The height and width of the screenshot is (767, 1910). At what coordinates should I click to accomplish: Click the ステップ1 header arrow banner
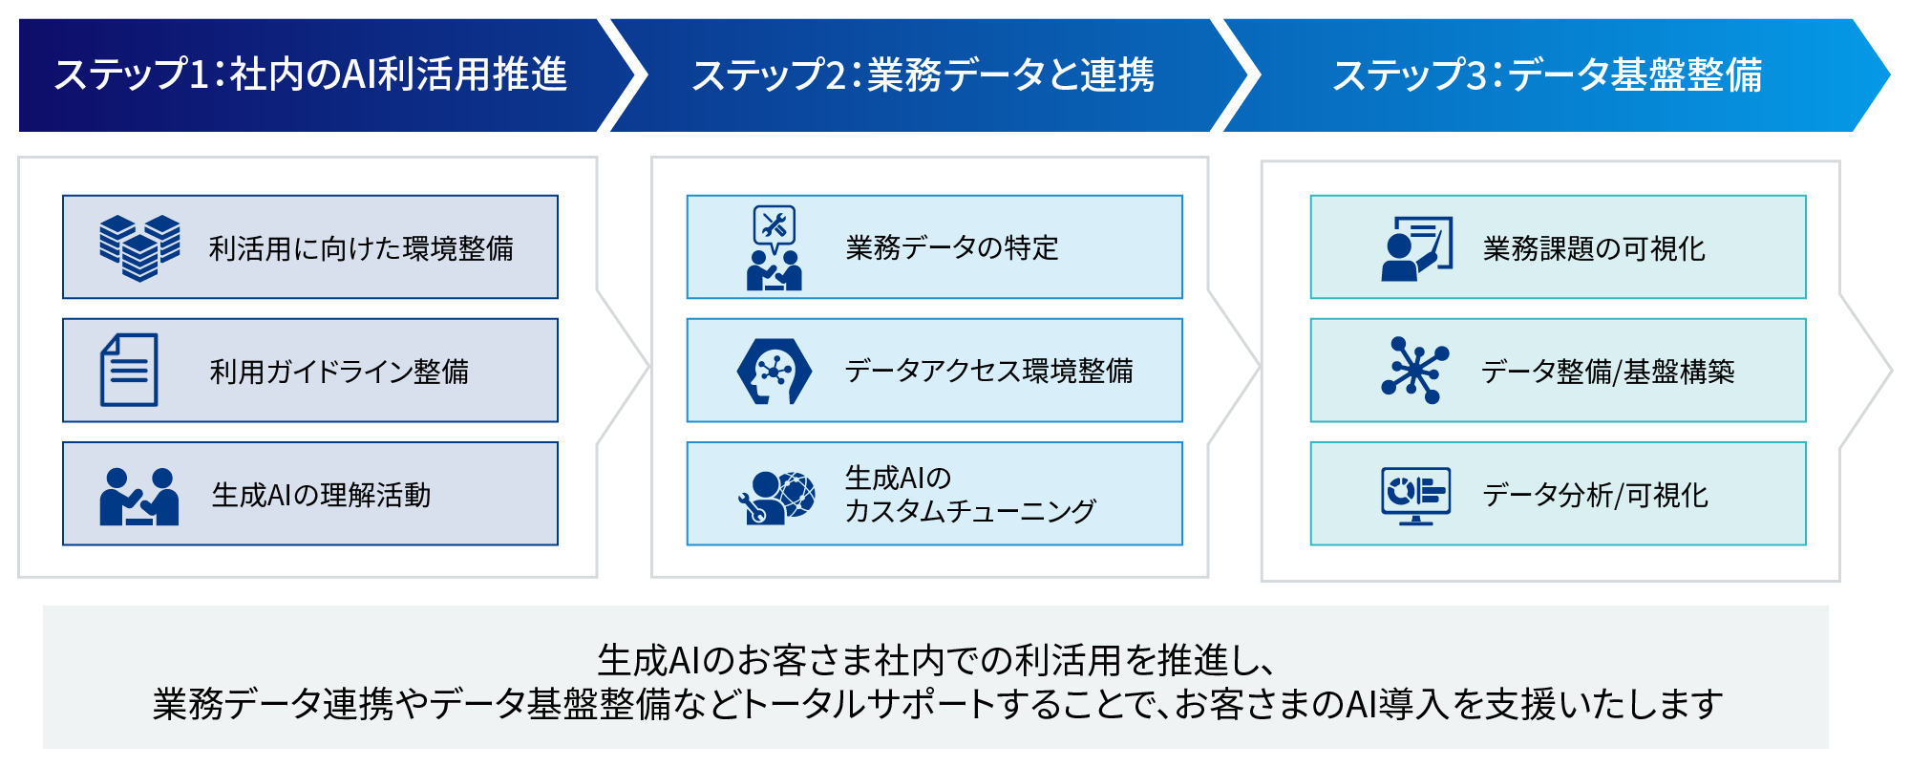pyautogui.click(x=310, y=75)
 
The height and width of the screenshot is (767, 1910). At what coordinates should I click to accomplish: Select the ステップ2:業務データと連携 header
pyautogui.click(x=923, y=75)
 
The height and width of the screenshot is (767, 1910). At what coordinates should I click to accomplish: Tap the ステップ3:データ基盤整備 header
pyautogui.click(x=1547, y=75)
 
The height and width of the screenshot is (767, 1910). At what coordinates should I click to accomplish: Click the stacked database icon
pyautogui.click(x=139, y=247)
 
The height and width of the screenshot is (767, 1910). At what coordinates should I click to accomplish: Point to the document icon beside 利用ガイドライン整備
pyautogui.click(x=129, y=371)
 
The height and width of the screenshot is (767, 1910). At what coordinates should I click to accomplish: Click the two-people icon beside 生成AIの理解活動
pyautogui.click(x=139, y=496)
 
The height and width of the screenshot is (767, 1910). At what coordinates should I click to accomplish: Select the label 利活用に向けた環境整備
pyautogui.click(x=361, y=248)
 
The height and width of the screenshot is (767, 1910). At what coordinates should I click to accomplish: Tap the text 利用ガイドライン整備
pyautogui.click(x=339, y=372)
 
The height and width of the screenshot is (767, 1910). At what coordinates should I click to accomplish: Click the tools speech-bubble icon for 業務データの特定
pyautogui.click(x=775, y=247)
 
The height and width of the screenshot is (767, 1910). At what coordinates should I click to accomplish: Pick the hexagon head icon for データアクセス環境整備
pyautogui.click(x=775, y=371)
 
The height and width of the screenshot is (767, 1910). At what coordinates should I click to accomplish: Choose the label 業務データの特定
pyautogui.click(x=952, y=248)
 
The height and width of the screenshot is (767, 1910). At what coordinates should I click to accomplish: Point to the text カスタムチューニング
pyautogui.click(x=969, y=511)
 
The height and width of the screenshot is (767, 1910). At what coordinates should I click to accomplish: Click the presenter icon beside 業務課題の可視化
pyautogui.click(x=1416, y=248)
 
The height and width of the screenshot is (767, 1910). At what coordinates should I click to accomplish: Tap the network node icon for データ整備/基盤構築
pyautogui.click(x=1414, y=371)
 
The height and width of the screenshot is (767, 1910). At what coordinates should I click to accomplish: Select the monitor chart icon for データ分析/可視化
pyautogui.click(x=1415, y=495)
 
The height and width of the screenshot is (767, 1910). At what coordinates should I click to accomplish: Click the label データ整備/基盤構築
pyautogui.click(x=1607, y=372)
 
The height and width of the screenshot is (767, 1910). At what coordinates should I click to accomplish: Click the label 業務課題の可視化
pyautogui.click(x=1594, y=248)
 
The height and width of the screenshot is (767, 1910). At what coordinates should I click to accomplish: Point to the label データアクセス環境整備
pyautogui.click(x=988, y=372)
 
